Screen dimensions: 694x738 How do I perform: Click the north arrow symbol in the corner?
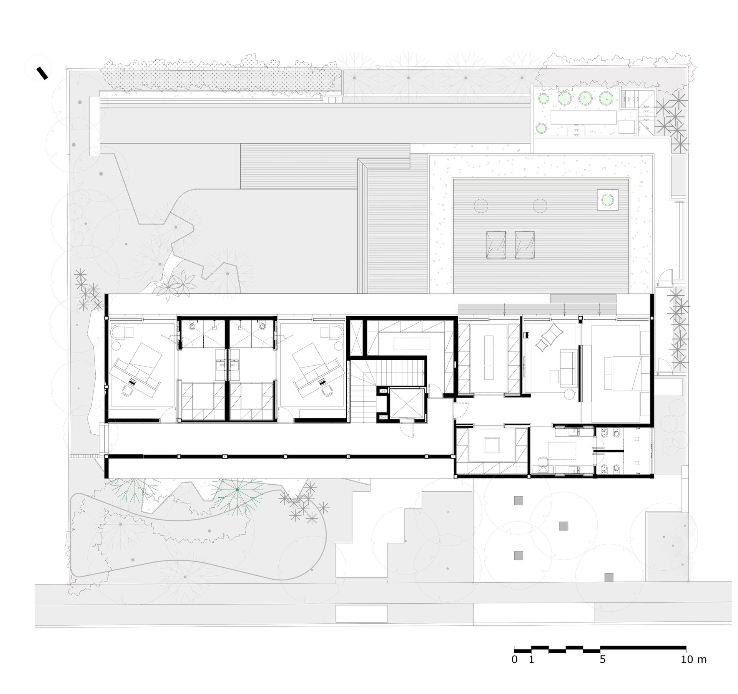[42, 73]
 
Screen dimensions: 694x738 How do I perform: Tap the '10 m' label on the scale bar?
[693, 659]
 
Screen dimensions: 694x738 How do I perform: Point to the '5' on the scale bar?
[603, 659]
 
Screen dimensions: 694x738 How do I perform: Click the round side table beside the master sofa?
[568, 393]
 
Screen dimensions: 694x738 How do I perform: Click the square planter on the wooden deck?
[607, 200]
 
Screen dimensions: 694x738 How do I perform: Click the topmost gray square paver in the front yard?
[519, 500]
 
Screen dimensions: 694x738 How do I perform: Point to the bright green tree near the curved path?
[237, 490]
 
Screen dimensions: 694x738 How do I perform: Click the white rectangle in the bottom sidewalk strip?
[361, 624]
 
